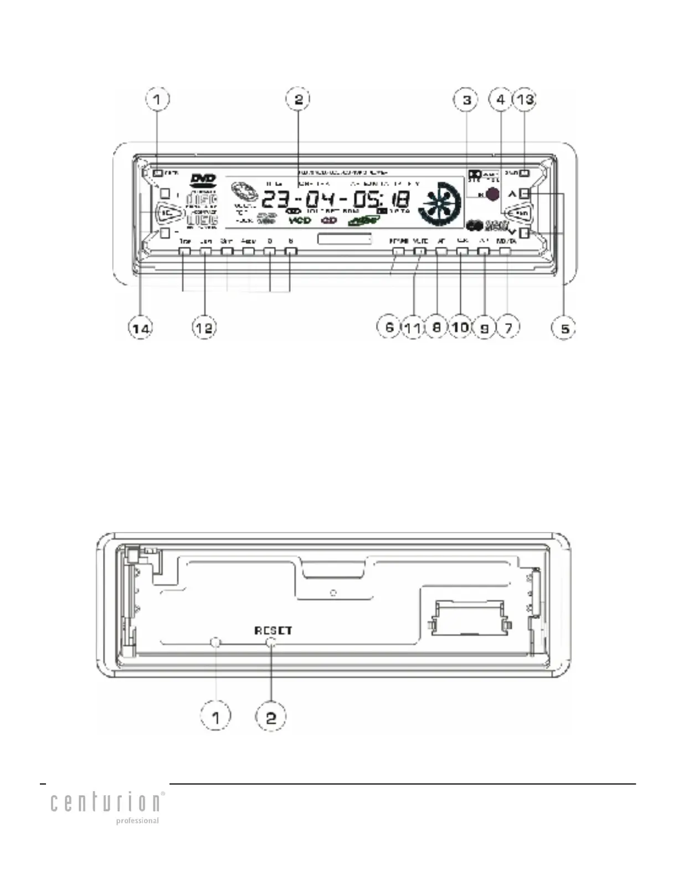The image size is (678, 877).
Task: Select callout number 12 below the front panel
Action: click(204, 328)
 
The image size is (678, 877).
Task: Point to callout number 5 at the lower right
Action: click(564, 328)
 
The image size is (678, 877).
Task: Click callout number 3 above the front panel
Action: click(466, 100)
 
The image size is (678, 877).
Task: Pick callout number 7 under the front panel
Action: click(508, 327)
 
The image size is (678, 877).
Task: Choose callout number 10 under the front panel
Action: click(460, 327)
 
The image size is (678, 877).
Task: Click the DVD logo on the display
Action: click(203, 179)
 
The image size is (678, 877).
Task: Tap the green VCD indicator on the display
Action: click(300, 220)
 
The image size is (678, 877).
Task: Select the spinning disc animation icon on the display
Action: click(440, 203)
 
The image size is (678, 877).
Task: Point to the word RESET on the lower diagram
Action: click(273, 630)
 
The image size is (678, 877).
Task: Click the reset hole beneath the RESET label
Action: click(271, 642)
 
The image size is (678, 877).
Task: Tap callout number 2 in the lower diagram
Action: click(270, 718)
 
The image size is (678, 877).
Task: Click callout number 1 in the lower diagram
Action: click(215, 718)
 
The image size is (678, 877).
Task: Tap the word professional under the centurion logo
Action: click(137, 821)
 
